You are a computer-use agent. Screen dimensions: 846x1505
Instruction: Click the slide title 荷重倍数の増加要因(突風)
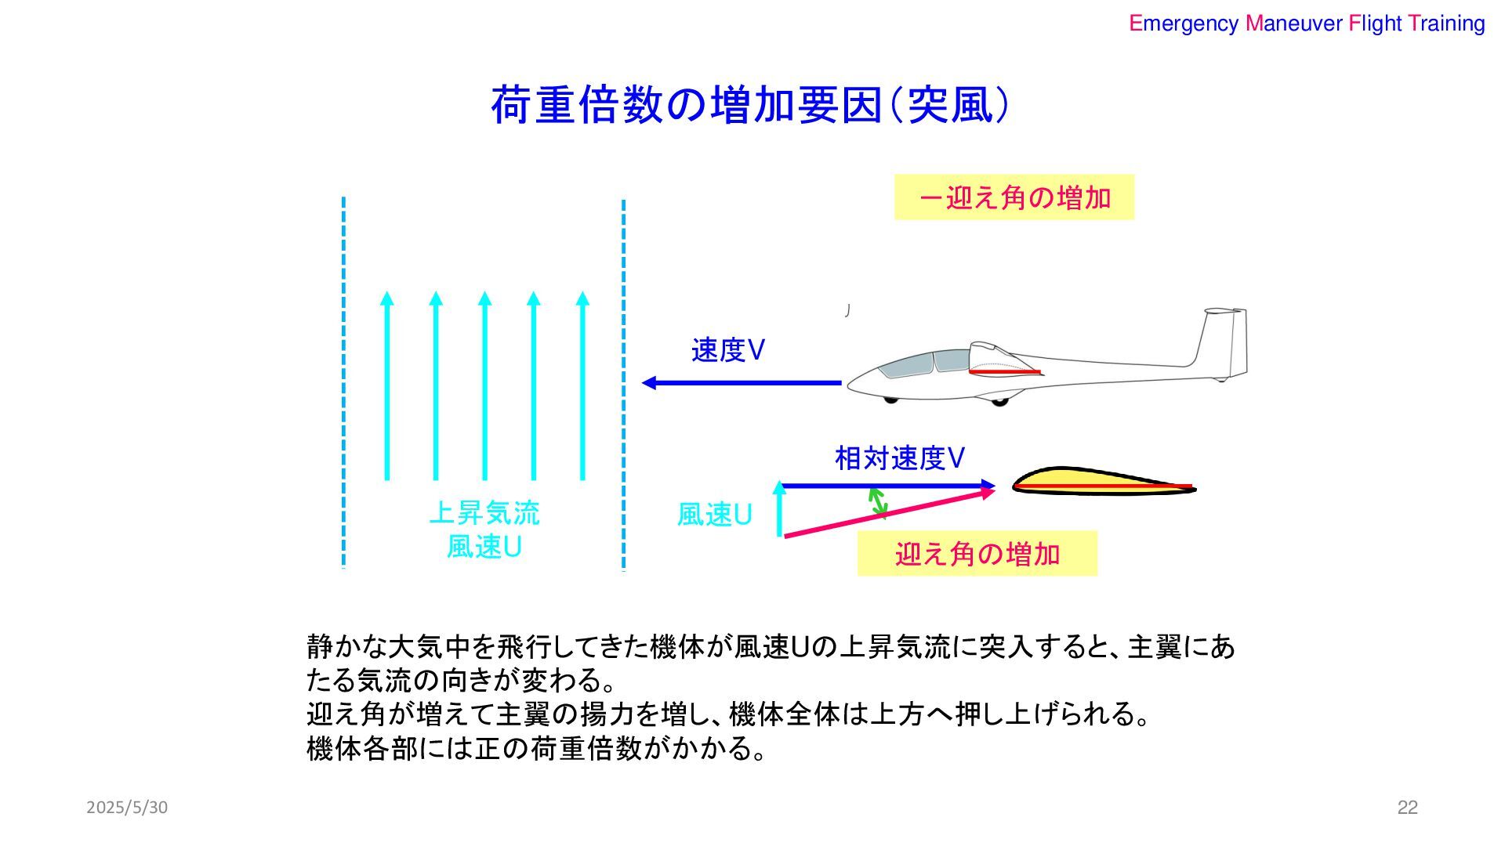[749, 106]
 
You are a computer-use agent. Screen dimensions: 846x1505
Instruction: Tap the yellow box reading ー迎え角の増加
[1014, 197]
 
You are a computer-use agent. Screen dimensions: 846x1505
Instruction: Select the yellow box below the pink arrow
[977, 554]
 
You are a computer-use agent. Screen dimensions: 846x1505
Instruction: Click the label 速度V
[727, 350]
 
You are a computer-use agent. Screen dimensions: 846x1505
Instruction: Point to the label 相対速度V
[899, 458]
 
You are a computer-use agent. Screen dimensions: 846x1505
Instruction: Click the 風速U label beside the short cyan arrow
[714, 515]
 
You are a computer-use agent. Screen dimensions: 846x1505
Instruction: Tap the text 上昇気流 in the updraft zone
[484, 513]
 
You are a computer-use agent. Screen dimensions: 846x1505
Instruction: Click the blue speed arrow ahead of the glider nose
[741, 383]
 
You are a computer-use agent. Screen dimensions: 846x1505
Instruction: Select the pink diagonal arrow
[890, 512]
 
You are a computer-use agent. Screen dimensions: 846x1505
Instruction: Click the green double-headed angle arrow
[878, 503]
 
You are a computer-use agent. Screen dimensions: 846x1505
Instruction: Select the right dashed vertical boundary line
[623, 384]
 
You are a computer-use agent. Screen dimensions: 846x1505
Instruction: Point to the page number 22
[1407, 808]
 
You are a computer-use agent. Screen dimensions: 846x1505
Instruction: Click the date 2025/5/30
[127, 808]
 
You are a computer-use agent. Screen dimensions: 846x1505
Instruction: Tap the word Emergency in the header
[1183, 23]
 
